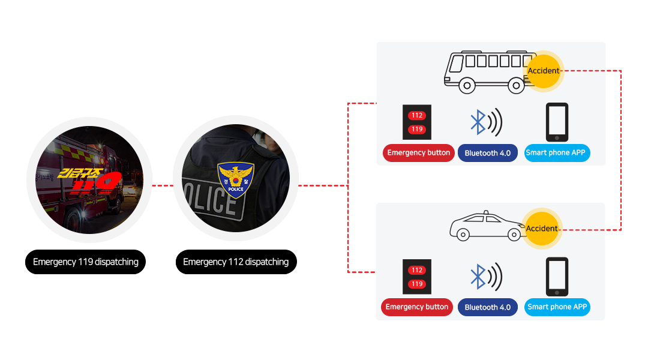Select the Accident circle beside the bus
[543, 71]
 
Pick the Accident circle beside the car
[542, 229]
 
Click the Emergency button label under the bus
[418, 153]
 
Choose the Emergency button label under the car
[416, 307]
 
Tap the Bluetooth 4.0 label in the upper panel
[487, 153]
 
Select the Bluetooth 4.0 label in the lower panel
[487, 307]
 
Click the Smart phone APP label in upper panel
[556, 153]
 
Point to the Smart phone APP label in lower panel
[556, 307]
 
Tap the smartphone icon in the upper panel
[556, 122]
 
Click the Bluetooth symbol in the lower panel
[478, 277]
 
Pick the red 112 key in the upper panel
[417, 115]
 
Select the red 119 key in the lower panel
[417, 284]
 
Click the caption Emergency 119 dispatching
[86, 262]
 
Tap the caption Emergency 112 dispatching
[236, 262]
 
